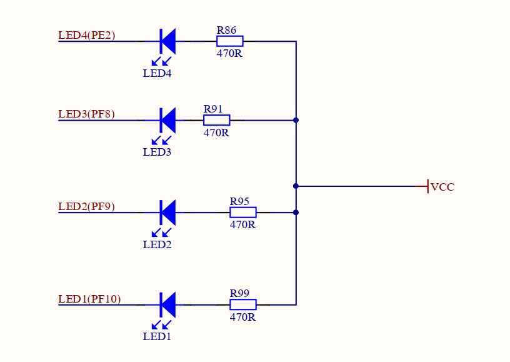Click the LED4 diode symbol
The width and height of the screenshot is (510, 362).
pyautogui.click(x=167, y=41)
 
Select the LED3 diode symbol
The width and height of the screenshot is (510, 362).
pyautogui.click(x=167, y=120)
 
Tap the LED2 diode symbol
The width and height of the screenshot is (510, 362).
pyautogui.click(x=167, y=213)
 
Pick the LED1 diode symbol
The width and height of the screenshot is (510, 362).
pyautogui.click(x=167, y=304)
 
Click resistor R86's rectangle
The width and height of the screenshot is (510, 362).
pyautogui.click(x=230, y=41)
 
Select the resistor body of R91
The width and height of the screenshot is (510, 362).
pyautogui.click(x=217, y=120)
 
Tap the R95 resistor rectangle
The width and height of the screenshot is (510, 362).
pyautogui.click(x=243, y=213)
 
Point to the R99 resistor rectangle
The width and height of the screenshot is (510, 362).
pyautogui.click(x=243, y=304)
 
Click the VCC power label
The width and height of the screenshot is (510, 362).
pyautogui.click(x=442, y=187)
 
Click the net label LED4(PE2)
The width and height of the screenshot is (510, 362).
pyautogui.click(x=87, y=35)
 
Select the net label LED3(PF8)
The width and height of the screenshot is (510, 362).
pyautogui.click(x=87, y=114)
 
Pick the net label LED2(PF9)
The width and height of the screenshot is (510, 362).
pyautogui.click(x=87, y=206)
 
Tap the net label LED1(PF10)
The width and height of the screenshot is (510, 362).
pyautogui.click(x=89, y=299)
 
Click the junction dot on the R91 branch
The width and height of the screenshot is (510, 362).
pyautogui.click(x=296, y=120)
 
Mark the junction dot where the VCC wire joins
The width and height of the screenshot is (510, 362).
pyautogui.click(x=296, y=186)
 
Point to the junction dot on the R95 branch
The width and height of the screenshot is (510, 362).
pyautogui.click(x=296, y=213)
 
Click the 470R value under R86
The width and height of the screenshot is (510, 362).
pyautogui.click(x=229, y=53)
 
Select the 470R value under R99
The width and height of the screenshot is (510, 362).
pyautogui.click(x=242, y=317)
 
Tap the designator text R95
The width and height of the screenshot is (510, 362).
pyautogui.click(x=239, y=201)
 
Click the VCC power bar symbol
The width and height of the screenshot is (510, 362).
pyautogui.click(x=427, y=186)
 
